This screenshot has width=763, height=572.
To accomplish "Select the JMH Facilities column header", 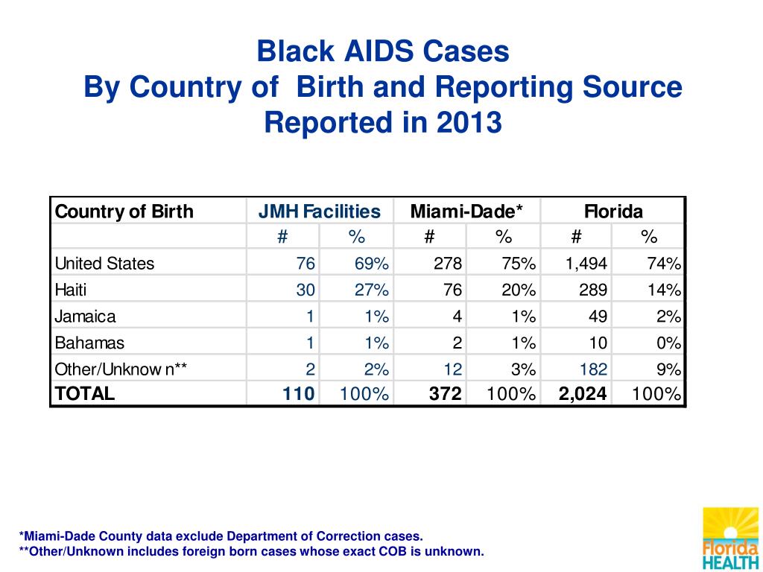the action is click(319, 212).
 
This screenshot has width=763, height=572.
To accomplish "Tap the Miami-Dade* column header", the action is click(466, 212).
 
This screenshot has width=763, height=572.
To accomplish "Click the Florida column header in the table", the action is click(613, 212).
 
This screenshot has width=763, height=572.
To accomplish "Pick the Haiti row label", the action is click(71, 290).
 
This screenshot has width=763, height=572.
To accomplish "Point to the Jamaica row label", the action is click(85, 317).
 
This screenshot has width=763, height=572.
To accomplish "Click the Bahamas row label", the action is click(89, 343).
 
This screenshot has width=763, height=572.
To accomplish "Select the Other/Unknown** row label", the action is click(121, 369).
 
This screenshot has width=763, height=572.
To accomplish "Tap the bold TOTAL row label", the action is click(85, 393).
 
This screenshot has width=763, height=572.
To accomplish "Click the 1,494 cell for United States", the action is click(586, 264).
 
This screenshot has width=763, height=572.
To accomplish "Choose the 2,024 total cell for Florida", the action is click(583, 393).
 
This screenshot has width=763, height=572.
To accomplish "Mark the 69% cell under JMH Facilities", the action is click(371, 264).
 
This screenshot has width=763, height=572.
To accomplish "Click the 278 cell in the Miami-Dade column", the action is click(448, 264).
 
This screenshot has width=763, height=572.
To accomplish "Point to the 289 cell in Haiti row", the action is click(593, 290).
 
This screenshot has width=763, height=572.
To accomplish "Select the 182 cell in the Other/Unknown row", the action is click(593, 369).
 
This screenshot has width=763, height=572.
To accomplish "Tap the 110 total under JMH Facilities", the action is click(298, 393).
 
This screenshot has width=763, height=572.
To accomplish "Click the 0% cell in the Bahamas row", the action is click(668, 343).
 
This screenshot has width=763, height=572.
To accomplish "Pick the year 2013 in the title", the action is click(469, 122).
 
